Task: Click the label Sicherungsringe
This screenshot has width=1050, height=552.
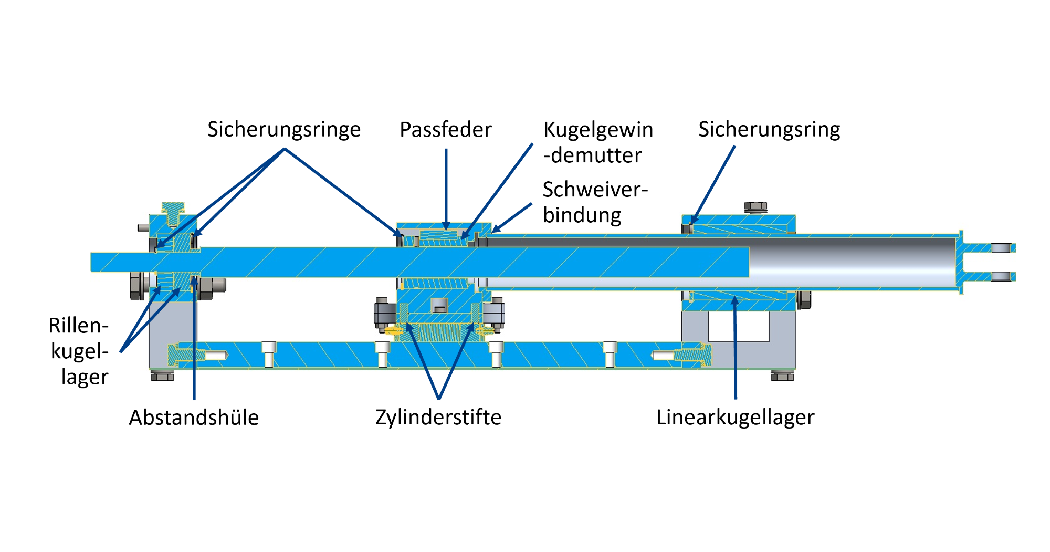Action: [x=284, y=130]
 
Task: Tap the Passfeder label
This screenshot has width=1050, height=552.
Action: [x=446, y=130]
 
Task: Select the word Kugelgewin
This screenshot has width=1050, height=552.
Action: [x=598, y=130]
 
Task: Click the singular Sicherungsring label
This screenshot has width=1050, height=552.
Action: [x=769, y=130]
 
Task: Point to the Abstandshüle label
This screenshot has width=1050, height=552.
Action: [x=194, y=418]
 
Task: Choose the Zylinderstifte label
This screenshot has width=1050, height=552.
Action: [x=438, y=418]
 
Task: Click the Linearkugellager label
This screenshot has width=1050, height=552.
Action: [x=736, y=418]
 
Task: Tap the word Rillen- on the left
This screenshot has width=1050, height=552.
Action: [x=79, y=326]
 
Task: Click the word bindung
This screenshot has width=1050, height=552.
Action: [x=582, y=215]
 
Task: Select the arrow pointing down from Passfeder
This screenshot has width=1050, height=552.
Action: [x=446, y=190]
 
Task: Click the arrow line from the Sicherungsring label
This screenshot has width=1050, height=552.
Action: [x=713, y=185]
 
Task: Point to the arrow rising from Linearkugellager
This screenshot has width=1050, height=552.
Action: [x=736, y=347]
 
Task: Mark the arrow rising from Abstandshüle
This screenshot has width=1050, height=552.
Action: [x=194, y=338]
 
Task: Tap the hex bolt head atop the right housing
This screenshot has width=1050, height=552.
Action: [x=755, y=207]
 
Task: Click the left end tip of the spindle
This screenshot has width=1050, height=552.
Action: [x=91, y=262]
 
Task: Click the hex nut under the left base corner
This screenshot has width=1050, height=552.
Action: [x=162, y=376]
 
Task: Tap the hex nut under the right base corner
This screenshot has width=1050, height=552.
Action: [x=782, y=376]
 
